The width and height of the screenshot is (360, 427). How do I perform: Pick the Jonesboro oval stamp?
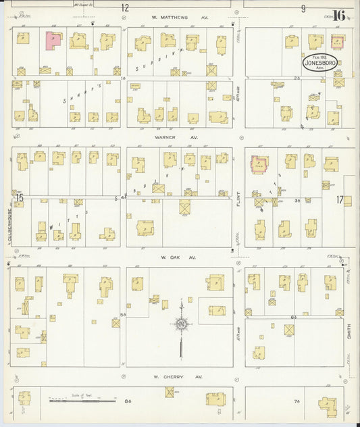[316, 62]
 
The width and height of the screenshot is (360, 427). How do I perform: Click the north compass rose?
[181, 325]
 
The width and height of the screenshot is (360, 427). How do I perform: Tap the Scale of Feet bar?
[85, 401]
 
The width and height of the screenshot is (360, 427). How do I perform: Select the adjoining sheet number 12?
[124, 8]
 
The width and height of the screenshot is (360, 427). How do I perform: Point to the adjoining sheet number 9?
[303, 8]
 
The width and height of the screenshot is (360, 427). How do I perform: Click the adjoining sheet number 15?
[20, 198]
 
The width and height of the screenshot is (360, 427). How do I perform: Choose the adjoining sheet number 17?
[339, 199]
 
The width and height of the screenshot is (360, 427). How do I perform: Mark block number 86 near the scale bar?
[128, 401]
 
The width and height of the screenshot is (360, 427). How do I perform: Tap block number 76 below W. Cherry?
[296, 401]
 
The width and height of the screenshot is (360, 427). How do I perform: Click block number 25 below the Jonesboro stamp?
[297, 78]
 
